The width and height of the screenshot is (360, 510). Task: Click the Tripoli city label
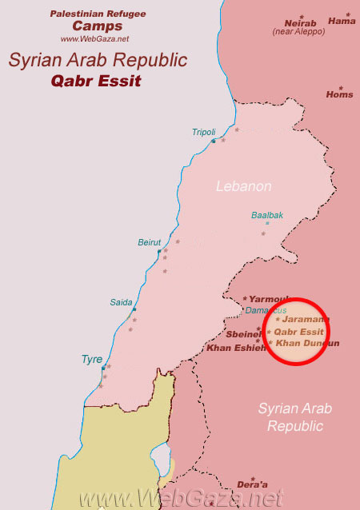[204, 132]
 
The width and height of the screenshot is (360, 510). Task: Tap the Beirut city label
[150, 242]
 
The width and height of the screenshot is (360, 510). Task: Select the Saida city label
[122, 302]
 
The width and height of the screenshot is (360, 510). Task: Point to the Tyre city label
[91, 360]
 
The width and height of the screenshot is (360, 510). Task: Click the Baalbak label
[267, 215]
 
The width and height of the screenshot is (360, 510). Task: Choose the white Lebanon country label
[243, 186]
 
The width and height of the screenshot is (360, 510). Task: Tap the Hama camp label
[342, 21]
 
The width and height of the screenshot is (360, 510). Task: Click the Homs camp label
[339, 94]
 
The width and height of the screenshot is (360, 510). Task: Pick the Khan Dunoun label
[307, 343]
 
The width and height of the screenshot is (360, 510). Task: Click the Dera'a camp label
[253, 484]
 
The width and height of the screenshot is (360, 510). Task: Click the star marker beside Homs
[340, 87]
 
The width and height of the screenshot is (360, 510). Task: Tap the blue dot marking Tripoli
[213, 141]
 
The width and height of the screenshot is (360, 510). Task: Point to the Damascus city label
[266, 309]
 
